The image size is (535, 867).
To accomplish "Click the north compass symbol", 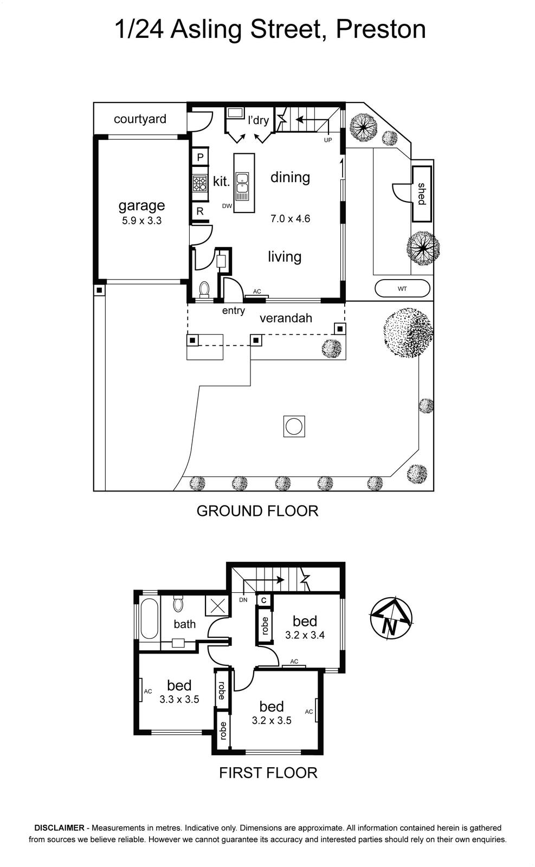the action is pyautogui.click(x=391, y=617).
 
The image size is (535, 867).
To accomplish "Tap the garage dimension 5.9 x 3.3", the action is pyautogui.click(x=141, y=221).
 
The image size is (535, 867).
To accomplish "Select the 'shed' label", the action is pyautogui.click(x=421, y=194).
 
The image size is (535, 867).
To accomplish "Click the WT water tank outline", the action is pyautogui.click(x=402, y=288).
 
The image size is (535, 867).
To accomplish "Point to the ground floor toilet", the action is pyautogui.click(x=204, y=289).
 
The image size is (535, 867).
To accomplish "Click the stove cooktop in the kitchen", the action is pyautogui.click(x=200, y=183).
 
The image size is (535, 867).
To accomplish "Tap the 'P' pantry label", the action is pyautogui.click(x=200, y=157).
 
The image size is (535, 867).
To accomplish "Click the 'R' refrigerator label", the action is pyautogui.click(x=200, y=211).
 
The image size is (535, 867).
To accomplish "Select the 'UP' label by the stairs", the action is pyautogui.click(x=328, y=140).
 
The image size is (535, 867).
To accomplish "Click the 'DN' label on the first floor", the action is pyautogui.click(x=243, y=600).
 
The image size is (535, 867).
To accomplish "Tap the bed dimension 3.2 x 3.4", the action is pyautogui.click(x=305, y=635).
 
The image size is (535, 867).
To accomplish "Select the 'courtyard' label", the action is pyautogui.click(x=140, y=119).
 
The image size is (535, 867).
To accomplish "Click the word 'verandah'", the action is pyautogui.click(x=286, y=318).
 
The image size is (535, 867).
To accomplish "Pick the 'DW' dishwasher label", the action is pyautogui.click(x=227, y=206).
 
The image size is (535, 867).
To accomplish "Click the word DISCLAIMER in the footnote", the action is pyautogui.click(x=60, y=827).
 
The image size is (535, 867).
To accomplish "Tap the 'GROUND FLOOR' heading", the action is pyautogui.click(x=257, y=511).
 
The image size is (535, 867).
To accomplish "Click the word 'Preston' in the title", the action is pyautogui.click(x=381, y=29).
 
